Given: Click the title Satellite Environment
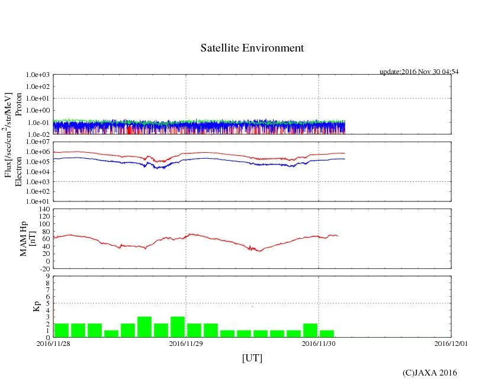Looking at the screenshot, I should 252,48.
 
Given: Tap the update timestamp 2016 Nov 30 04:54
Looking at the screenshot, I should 419,72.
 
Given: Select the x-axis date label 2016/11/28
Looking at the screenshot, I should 53,343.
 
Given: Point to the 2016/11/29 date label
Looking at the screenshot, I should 186,343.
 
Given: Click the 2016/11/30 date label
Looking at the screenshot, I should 319,343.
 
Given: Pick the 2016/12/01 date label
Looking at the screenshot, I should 451,343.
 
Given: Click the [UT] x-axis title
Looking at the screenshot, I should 252,358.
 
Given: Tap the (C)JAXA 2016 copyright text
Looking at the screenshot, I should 429,373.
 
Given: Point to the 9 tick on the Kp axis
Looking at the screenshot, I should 47,276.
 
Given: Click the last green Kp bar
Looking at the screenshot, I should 327,334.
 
